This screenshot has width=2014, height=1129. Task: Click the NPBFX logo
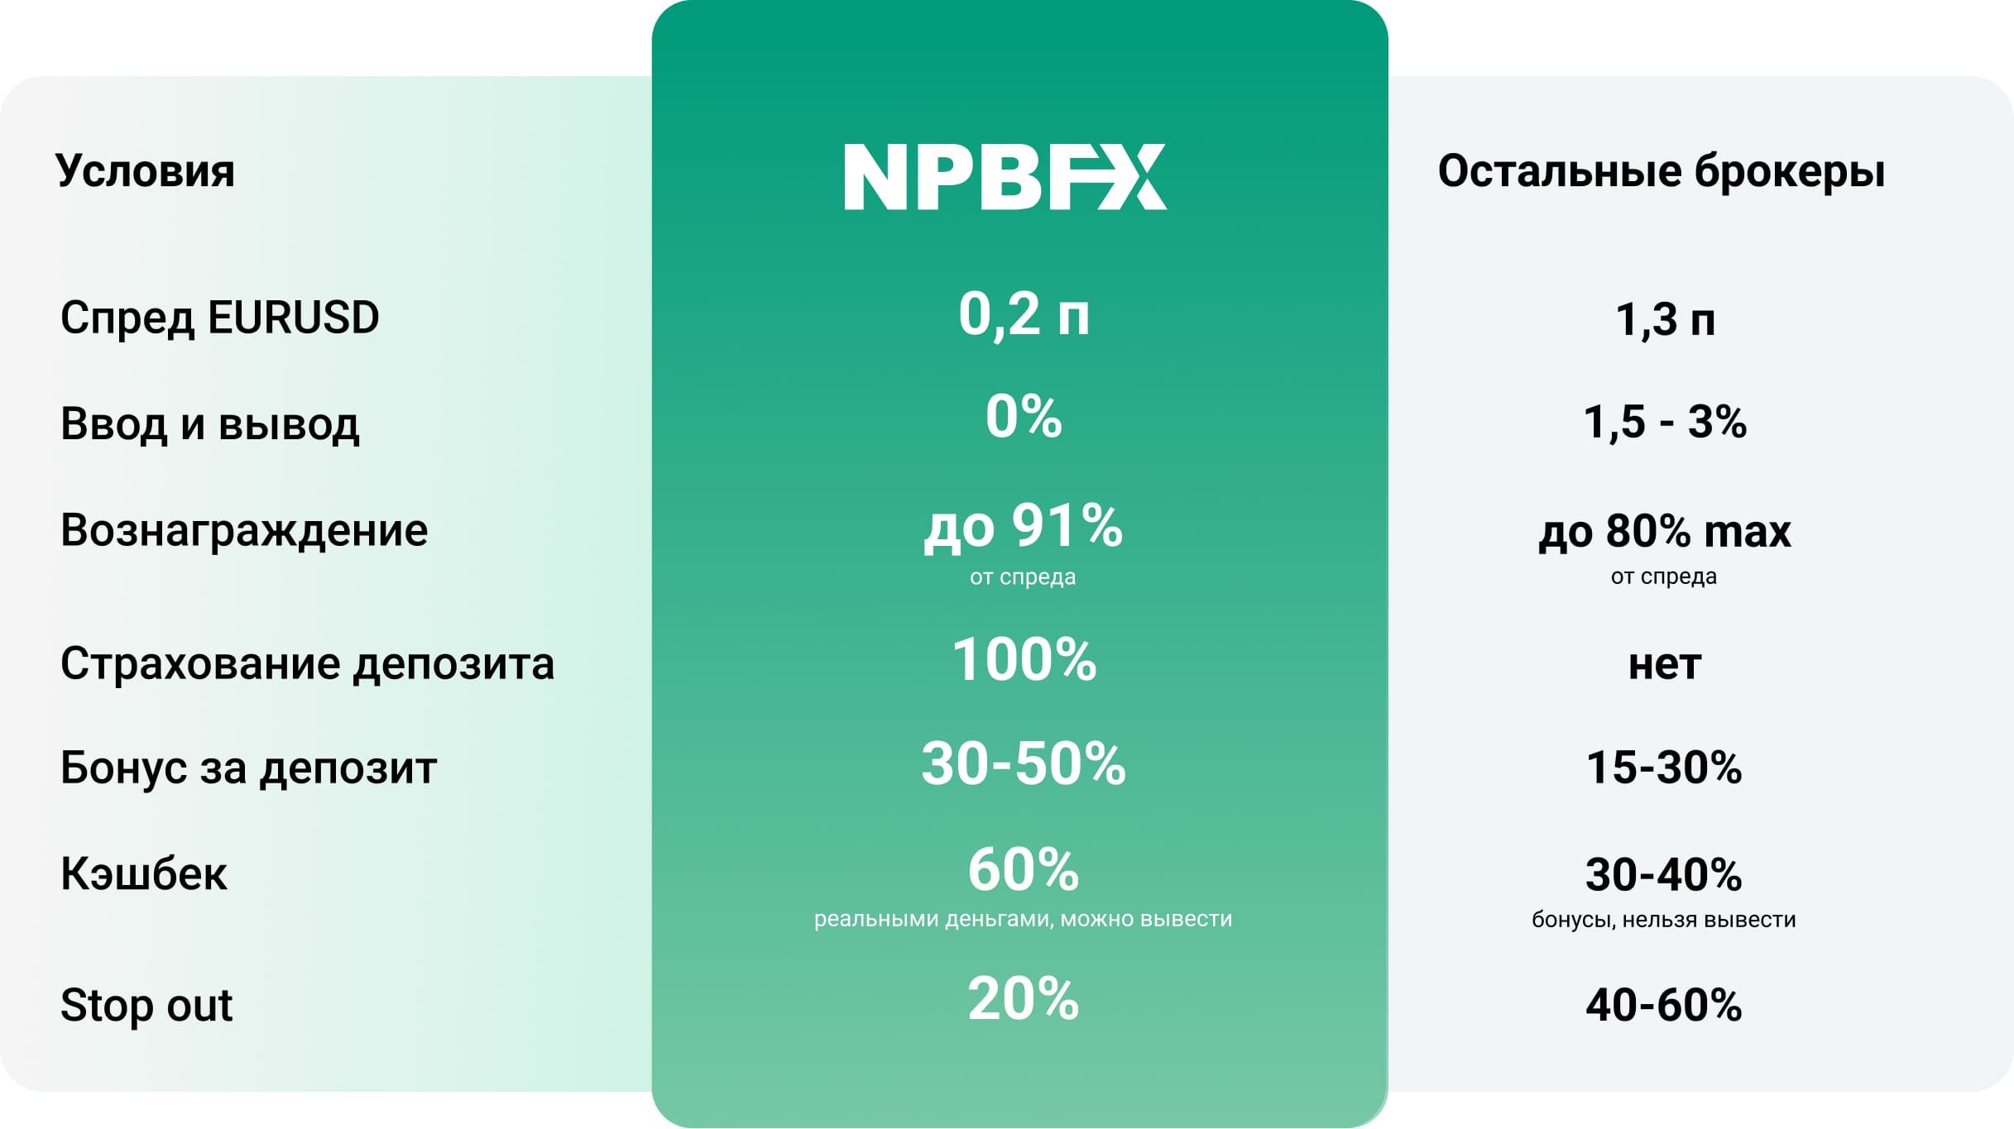pyautogui.click(x=1005, y=177)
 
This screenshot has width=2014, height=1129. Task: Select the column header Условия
pyautogui.click(x=146, y=170)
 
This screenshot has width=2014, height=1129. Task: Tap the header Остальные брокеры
pyautogui.click(x=1662, y=171)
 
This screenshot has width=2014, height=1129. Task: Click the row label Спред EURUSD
pyautogui.click(x=220, y=318)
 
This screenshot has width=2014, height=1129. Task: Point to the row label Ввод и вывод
pyautogui.click(x=210, y=423)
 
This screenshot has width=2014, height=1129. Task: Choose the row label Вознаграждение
pyautogui.click(x=244, y=530)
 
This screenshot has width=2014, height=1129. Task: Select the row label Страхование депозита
pyautogui.click(x=307, y=664)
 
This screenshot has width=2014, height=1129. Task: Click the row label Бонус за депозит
pyautogui.click(x=248, y=768)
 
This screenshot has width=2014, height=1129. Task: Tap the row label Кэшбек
pyautogui.click(x=144, y=873)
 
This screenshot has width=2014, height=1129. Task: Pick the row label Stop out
pyautogui.click(x=146, y=1005)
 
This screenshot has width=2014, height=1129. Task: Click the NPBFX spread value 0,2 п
pyautogui.click(x=1024, y=314)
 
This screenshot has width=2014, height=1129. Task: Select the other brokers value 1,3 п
pyautogui.click(x=1665, y=320)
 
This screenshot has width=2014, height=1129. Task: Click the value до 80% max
pyautogui.click(x=1665, y=531)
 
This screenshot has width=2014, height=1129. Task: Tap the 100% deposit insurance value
pyautogui.click(x=1024, y=659)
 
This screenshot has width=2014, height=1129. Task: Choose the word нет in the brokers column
pyautogui.click(x=1665, y=665)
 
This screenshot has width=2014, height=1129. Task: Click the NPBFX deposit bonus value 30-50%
pyautogui.click(x=1024, y=763)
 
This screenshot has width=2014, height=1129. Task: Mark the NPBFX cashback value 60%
pyautogui.click(x=1024, y=870)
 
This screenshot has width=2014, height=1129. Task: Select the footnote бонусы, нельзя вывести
pyautogui.click(x=1664, y=920)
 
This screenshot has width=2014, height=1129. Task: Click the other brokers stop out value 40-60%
pyautogui.click(x=1664, y=1005)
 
